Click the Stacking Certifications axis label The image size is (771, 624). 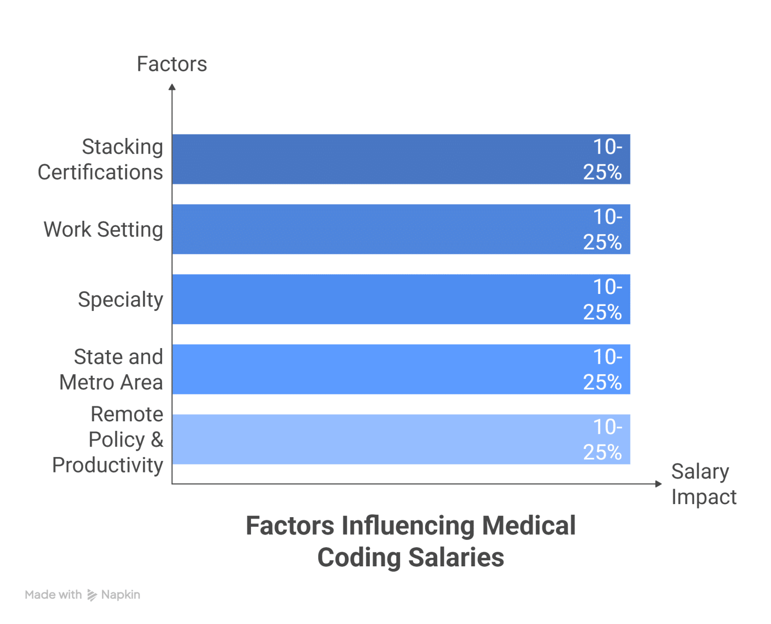[100, 160]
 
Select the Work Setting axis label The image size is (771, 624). [103, 230]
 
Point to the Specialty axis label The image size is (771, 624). [120, 299]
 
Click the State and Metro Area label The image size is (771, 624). [111, 370]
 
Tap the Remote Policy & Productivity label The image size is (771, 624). [108, 439]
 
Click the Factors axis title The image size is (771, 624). [172, 64]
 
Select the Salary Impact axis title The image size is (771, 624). [703, 484]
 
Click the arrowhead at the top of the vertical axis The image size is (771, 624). [172, 87]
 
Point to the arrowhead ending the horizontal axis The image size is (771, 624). [659, 484]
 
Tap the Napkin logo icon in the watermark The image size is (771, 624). [92, 595]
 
